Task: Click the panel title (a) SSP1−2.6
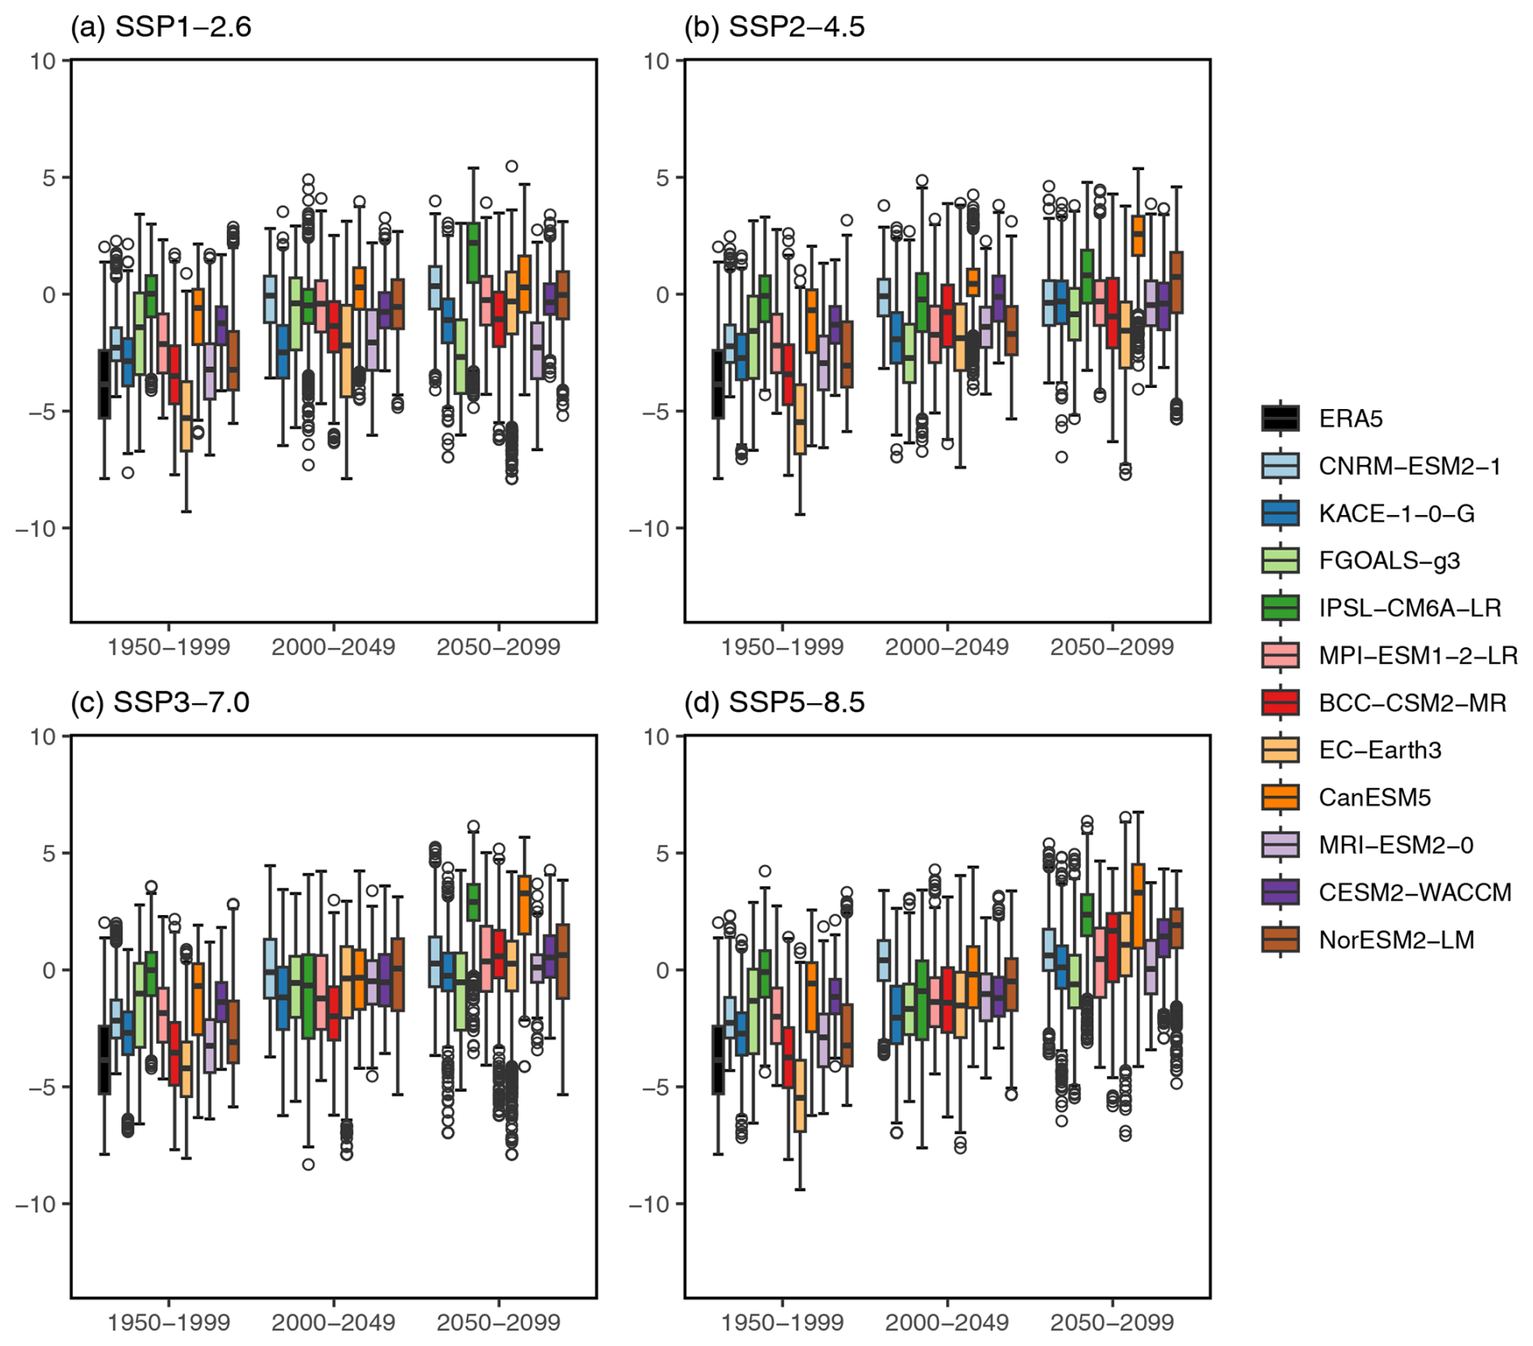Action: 161,28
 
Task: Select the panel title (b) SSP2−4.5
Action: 775,28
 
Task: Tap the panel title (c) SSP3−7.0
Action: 160,702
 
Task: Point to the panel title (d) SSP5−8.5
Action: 775,702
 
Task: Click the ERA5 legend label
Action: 1350,419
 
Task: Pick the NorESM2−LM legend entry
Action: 1396,940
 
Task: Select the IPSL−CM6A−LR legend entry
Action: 1409,608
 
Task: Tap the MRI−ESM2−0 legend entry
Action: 1395,846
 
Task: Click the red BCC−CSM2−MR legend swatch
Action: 1280,703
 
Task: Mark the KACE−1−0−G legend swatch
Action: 1280,513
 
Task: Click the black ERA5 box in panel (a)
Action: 105,384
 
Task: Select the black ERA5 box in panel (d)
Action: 718,1059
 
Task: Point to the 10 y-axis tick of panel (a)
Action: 44,61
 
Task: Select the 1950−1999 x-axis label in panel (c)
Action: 169,1323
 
